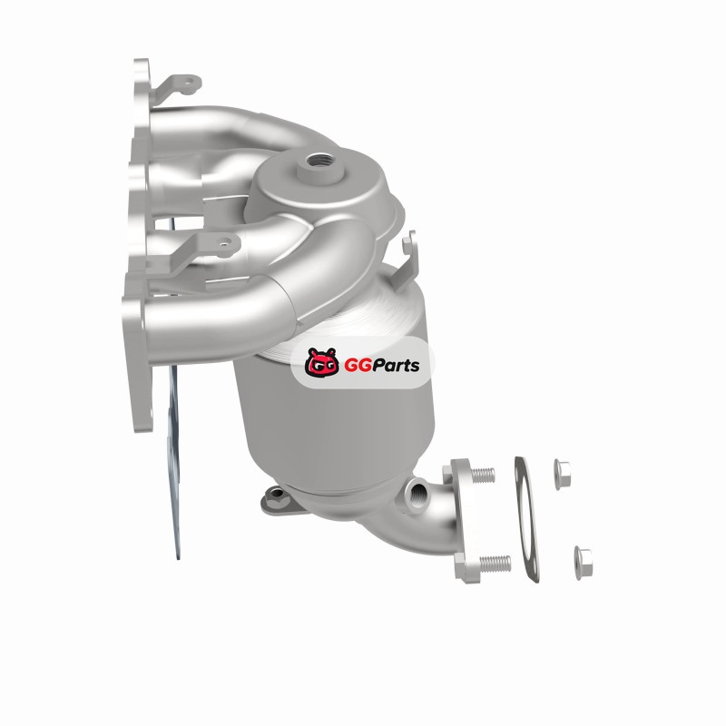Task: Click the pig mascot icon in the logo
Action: point(322,362)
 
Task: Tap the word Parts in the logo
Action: point(397,366)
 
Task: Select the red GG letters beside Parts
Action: point(358,366)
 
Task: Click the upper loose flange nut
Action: point(562,474)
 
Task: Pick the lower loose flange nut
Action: point(583,563)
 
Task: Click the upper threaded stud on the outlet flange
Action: point(483,475)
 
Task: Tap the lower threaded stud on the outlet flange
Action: point(495,564)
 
